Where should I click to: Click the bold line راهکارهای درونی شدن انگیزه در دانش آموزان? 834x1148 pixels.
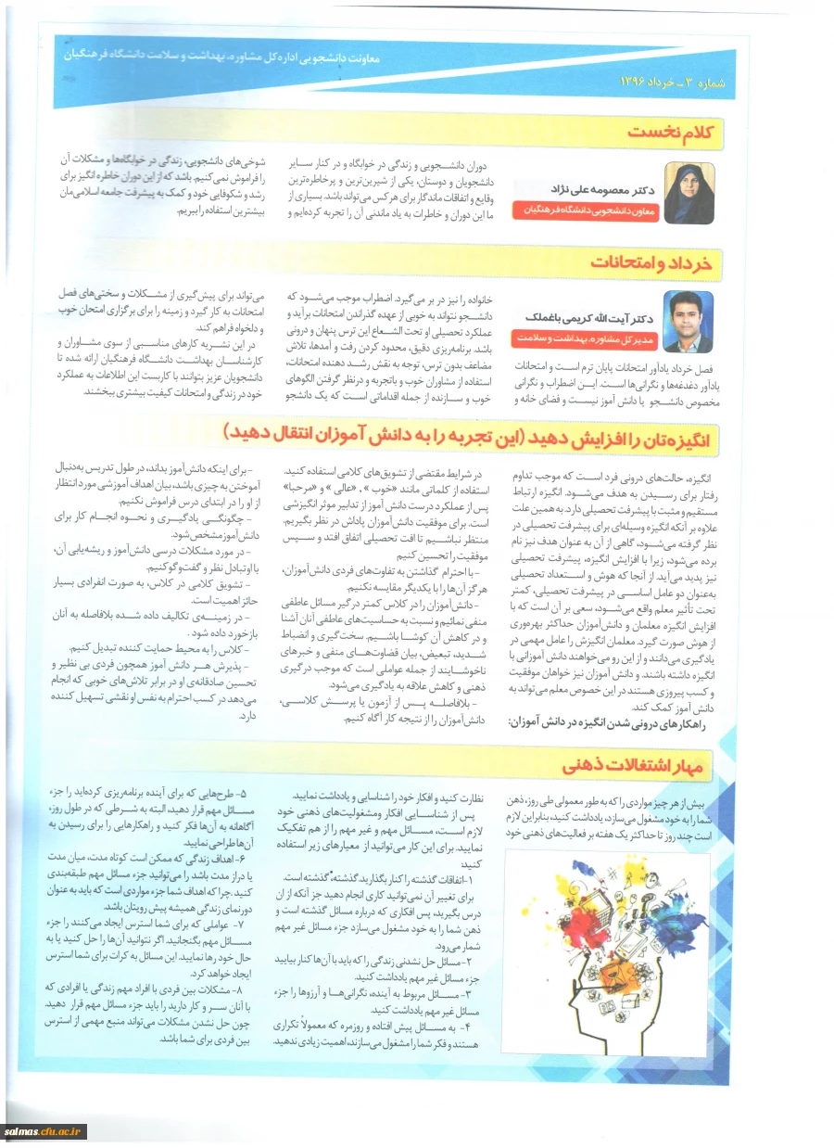click(606, 723)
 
